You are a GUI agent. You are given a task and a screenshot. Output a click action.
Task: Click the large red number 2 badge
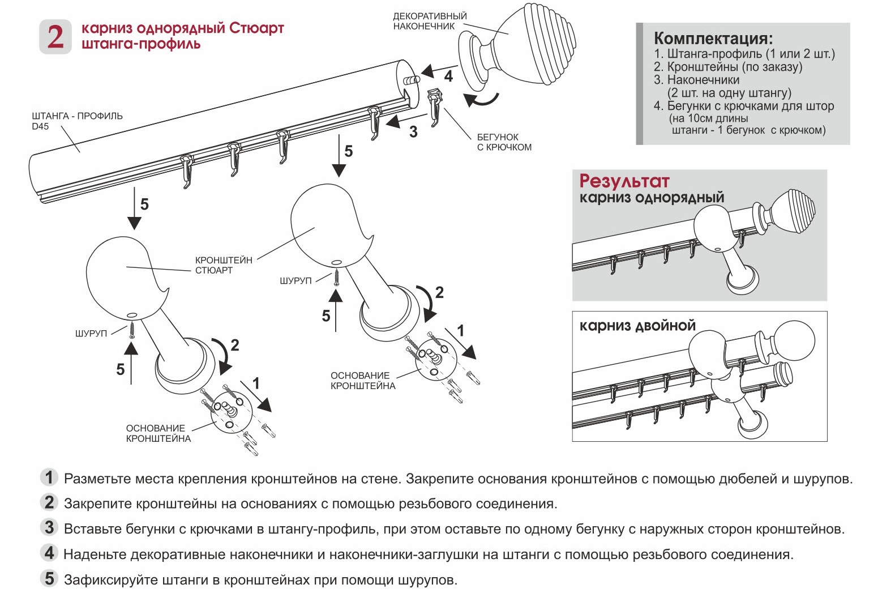[x=55, y=37]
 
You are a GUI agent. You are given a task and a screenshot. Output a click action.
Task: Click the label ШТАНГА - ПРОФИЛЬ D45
[x=77, y=121]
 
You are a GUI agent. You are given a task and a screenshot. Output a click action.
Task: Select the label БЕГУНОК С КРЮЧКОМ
[x=504, y=142]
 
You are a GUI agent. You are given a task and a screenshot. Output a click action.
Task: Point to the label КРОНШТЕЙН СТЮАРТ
[x=224, y=265]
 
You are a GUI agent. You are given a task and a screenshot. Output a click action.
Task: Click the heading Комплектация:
[x=713, y=39]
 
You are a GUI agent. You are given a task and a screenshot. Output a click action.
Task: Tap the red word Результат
[x=624, y=181]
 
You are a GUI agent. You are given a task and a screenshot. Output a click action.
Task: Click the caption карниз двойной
[x=637, y=326]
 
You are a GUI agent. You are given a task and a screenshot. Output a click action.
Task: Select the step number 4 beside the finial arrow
[x=448, y=76]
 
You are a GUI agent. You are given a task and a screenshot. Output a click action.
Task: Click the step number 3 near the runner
[x=413, y=132]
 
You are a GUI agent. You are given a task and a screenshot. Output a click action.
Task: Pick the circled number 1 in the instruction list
[x=50, y=477]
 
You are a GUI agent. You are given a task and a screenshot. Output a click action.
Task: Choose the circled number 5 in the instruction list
[x=50, y=579]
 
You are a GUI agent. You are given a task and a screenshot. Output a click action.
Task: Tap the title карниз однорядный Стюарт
[x=182, y=28]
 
